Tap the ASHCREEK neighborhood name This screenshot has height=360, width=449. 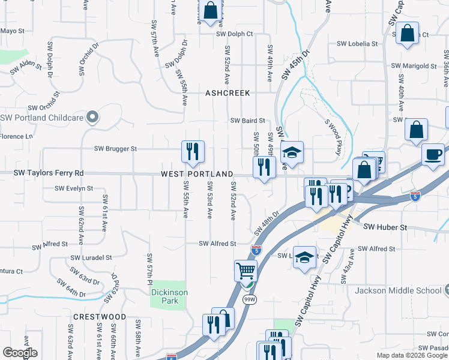228,94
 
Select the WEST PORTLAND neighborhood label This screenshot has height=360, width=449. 197,174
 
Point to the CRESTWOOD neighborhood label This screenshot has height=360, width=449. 100,317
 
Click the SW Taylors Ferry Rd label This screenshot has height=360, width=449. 49,173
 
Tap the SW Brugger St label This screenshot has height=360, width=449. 116,149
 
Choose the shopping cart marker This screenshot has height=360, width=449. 245,271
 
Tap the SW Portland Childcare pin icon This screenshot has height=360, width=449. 92,117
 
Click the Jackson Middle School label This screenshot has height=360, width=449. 398,291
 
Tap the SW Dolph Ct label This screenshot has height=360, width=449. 235,34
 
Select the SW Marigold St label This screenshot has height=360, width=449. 414,66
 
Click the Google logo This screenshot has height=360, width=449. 20,353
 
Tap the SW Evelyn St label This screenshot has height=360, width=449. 74,188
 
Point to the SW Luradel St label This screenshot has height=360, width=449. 91,257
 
